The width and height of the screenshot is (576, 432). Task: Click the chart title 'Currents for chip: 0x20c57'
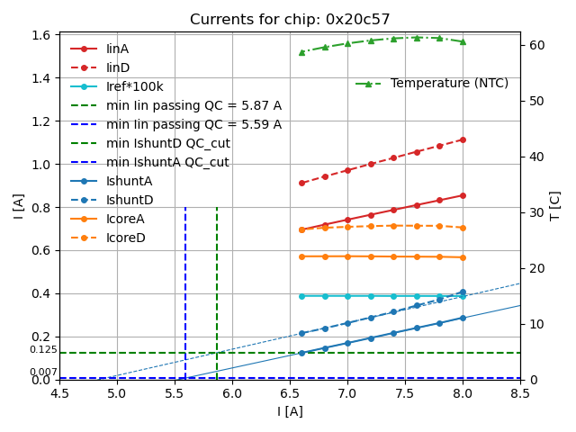pos(290,20)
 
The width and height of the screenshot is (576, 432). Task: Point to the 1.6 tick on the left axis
pos(41,35)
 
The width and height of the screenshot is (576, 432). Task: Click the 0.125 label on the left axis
pos(42,350)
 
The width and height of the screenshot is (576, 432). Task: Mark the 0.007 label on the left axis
pos(42,373)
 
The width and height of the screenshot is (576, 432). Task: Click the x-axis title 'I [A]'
pos(290,412)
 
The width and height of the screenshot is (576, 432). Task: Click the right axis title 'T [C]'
pos(554,206)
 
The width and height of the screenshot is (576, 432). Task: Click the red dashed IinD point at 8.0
pos(463,139)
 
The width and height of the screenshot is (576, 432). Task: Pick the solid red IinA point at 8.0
pos(463,195)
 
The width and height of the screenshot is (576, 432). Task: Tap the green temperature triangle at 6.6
pos(301,52)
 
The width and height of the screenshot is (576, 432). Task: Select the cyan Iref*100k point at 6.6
pos(301,296)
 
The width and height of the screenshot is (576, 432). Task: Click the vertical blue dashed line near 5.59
pos(185,288)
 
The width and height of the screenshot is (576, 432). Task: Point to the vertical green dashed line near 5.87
pos(217,288)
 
